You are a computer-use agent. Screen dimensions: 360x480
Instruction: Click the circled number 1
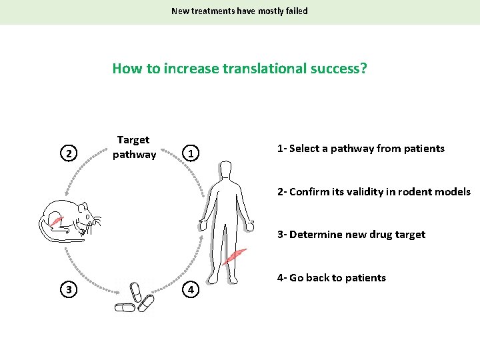coord(191,154)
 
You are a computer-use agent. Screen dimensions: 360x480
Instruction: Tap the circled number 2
coord(67,154)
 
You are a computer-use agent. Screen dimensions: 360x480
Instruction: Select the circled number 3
coord(67,289)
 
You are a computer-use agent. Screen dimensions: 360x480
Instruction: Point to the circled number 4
coord(191,289)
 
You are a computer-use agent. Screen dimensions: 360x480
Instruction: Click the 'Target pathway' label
coord(134,147)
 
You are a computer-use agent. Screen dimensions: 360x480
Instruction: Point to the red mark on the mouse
coord(57,221)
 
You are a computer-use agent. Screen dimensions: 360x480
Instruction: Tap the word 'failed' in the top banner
coord(293,11)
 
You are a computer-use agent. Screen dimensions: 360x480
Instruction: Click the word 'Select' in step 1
coord(305,149)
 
